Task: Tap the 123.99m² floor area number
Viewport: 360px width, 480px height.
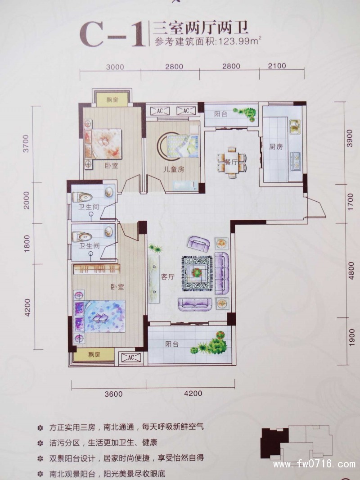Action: pos(238,41)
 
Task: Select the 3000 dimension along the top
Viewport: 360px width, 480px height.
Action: pos(115,67)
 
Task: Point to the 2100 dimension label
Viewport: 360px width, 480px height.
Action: pos(277,65)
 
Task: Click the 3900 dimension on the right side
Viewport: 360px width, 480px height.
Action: pos(350,138)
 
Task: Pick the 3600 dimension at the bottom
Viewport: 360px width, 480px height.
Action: pos(113,394)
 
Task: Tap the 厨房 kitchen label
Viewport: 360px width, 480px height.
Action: pos(275,147)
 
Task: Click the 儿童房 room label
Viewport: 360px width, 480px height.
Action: pos(173,169)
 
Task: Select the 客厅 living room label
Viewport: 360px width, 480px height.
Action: pos(167,277)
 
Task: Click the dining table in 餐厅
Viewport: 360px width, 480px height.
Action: pos(231,162)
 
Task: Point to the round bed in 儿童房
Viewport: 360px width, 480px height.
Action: pos(177,146)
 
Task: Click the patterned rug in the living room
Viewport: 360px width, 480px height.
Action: pos(197,273)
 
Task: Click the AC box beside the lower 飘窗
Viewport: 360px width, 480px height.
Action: pos(131,357)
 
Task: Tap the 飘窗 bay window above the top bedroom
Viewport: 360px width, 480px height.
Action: pos(112,100)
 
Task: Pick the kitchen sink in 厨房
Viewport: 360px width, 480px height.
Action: pos(295,127)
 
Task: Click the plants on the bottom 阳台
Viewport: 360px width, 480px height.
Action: pos(211,343)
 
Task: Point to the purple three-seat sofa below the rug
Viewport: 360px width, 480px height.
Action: pos(195,303)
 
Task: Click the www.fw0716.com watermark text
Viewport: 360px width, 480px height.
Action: pos(315,464)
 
